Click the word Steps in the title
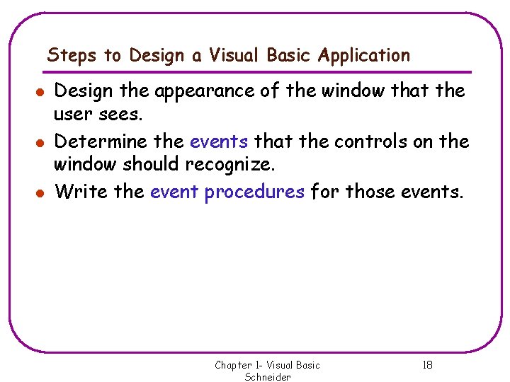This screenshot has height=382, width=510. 67,55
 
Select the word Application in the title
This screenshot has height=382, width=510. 364,55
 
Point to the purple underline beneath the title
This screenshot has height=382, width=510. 259,71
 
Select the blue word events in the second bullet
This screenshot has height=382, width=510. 219,141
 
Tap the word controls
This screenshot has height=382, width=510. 369,141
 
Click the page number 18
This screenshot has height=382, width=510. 427,365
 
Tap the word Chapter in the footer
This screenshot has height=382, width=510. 233,365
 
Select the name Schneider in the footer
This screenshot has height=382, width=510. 268,377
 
